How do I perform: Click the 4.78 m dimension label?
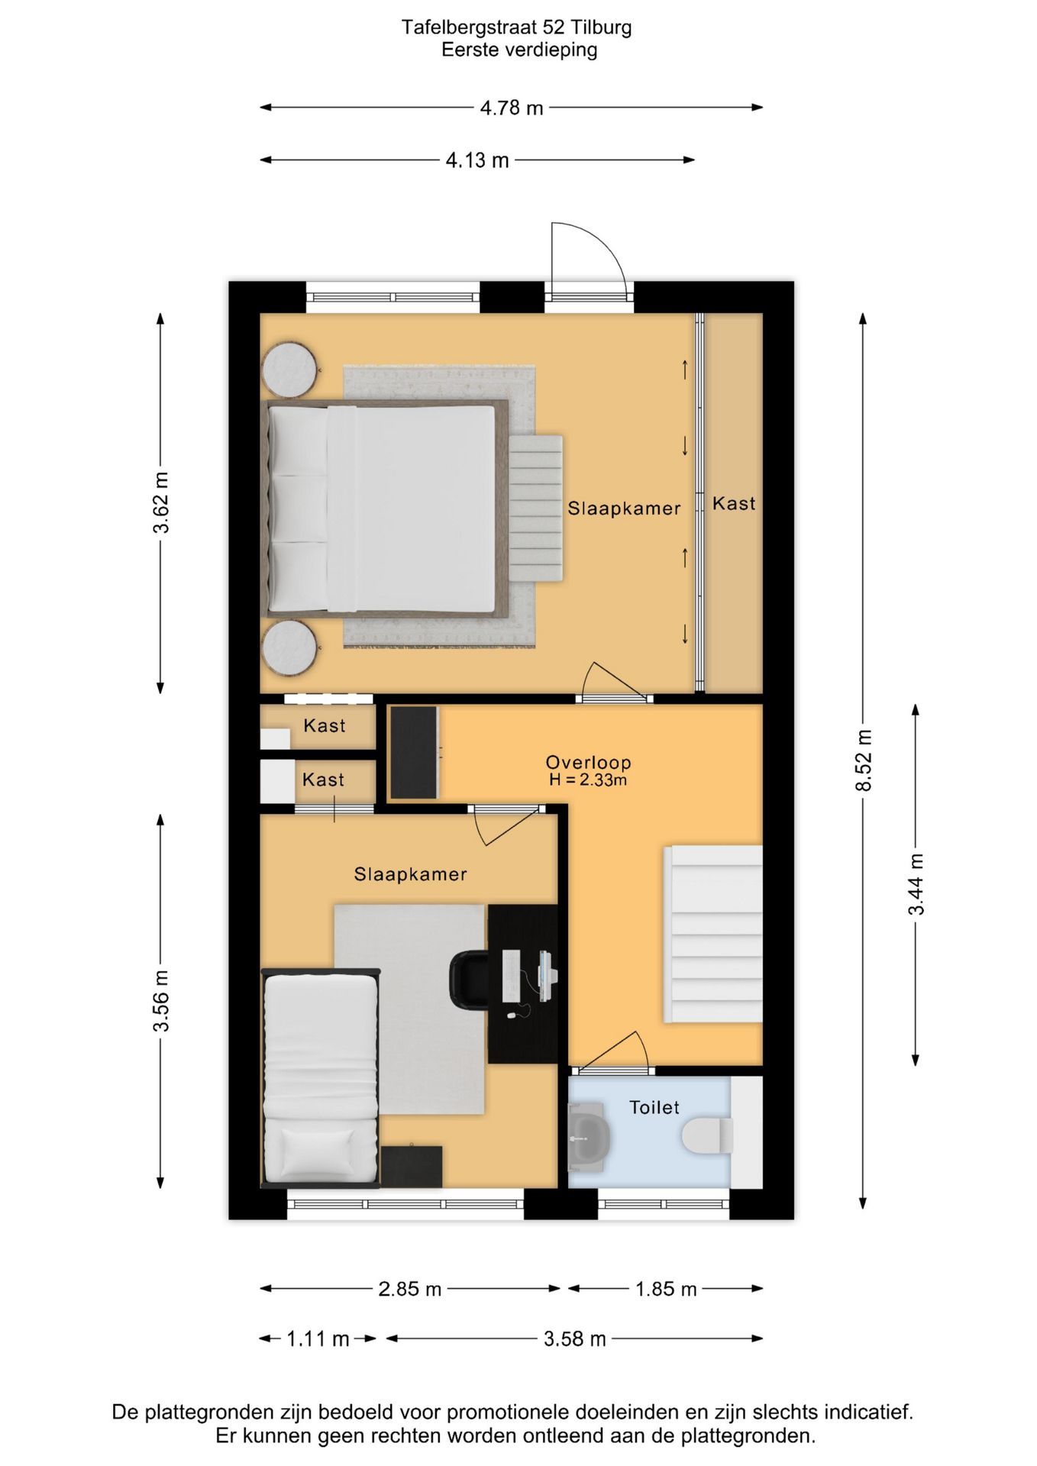click(512, 108)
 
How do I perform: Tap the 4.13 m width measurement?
click(477, 160)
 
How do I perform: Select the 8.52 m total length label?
click(863, 760)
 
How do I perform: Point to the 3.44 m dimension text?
click(916, 884)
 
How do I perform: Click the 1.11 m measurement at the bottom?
click(318, 1338)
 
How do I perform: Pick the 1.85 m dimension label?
click(666, 1289)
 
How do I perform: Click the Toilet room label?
click(654, 1107)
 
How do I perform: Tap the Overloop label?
click(588, 762)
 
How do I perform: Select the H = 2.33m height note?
click(588, 780)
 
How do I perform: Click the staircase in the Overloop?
click(713, 933)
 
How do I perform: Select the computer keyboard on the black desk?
click(511, 976)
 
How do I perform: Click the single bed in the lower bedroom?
click(321, 1078)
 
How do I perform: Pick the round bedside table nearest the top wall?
click(289, 370)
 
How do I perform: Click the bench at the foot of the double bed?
click(536, 509)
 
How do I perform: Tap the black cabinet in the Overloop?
click(414, 753)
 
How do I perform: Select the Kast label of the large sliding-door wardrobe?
click(734, 504)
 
